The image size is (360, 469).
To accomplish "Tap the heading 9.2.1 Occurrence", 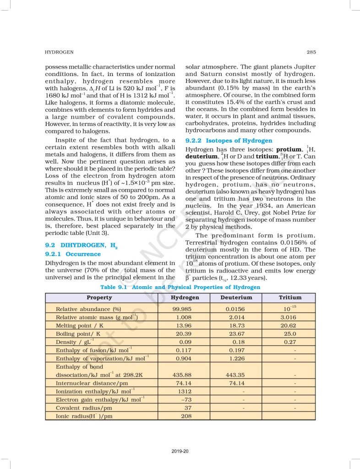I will [72, 254].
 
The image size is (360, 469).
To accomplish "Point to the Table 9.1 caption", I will [180, 288].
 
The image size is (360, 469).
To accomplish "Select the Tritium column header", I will [290, 298].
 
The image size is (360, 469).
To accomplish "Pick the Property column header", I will [99, 298].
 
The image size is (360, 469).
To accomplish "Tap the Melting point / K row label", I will [79, 326].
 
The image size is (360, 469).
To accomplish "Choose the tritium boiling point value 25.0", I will [290, 334].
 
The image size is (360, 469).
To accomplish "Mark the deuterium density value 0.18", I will [239, 342].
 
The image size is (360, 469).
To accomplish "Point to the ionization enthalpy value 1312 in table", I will [185, 392].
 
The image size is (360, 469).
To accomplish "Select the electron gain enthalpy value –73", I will [186, 400].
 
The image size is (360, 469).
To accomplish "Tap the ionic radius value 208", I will [186, 416].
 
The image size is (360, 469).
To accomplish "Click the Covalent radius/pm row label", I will [83, 408].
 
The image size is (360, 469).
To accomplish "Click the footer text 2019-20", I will [180, 451].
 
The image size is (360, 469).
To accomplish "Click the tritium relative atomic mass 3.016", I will [289, 317].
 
